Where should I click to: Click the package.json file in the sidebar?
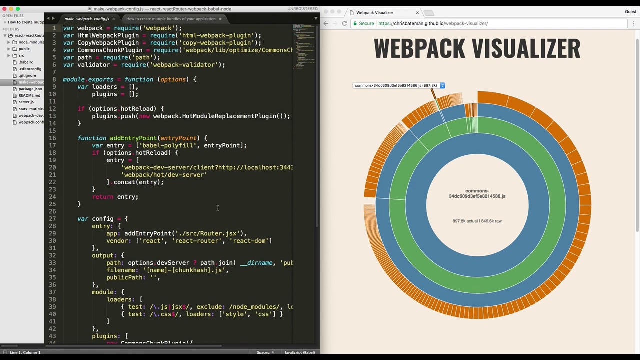click(x=30, y=89)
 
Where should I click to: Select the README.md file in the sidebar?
click(x=29, y=95)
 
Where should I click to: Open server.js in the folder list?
click(x=26, y=102)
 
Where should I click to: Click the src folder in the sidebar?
click(x=21, y=55)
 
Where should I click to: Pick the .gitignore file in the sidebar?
click(x=27, y=75)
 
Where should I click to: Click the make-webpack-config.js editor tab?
click(x=87, y=19)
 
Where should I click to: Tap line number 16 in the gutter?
click(x=52, y=138)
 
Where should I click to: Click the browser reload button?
click(x=344, y=23)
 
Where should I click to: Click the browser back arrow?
click(x=326, y=23)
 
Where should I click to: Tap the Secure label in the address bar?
click(x=366, y=23)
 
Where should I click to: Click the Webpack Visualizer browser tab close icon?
click(x=417, y=12)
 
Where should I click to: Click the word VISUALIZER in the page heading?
click(x=526, y=49)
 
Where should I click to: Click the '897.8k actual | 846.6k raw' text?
click(x=477, y=221)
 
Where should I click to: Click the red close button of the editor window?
click(x=4, y=9)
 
